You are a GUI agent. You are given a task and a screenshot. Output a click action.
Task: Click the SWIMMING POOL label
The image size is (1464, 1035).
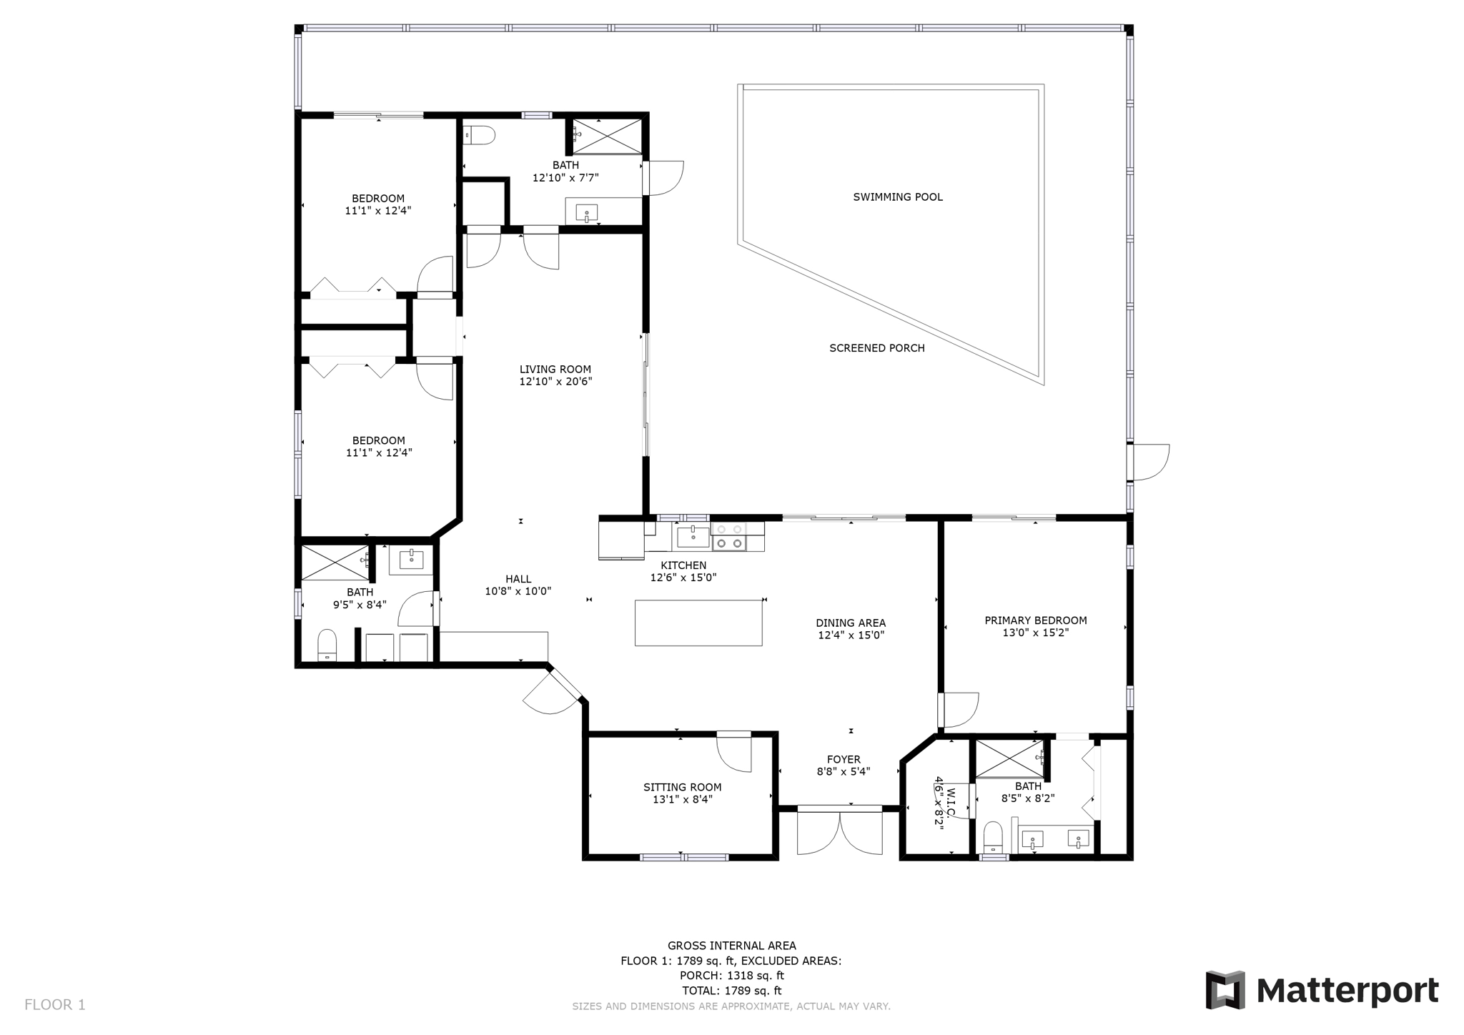(897, 197)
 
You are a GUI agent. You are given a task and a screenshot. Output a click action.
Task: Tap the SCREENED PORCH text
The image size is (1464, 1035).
(876, 348)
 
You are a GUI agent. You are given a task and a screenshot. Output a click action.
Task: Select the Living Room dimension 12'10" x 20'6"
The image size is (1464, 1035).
(555, 382)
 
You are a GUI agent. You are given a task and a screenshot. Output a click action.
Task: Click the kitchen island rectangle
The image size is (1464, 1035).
(698, 623)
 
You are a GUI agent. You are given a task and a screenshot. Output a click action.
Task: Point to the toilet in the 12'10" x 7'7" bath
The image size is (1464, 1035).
(480, 134)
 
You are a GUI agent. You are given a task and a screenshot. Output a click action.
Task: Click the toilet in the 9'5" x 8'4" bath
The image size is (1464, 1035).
(327, 645)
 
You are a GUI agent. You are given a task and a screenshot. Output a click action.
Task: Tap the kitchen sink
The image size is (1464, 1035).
(693, 535)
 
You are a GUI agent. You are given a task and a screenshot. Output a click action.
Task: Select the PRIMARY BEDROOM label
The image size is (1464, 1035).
(1035, 620)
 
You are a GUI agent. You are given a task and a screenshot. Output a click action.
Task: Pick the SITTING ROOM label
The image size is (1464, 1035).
(682, 787)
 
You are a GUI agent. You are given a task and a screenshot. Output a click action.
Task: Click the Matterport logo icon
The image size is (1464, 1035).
(1225, 990)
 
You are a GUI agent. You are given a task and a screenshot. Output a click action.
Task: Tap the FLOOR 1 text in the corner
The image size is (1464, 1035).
(55, 1004)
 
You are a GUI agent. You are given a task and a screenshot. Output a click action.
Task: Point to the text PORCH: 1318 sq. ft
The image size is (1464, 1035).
(731, 976)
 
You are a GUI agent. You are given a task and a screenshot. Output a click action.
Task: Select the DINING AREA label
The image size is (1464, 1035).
(851, 623)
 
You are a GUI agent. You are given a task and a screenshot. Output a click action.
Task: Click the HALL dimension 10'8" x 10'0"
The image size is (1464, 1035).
(518, 591)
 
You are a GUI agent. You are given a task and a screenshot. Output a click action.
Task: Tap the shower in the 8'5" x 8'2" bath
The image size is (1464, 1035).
(1009, 758)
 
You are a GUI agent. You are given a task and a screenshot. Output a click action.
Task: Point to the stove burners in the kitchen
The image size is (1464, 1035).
(729, 537)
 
